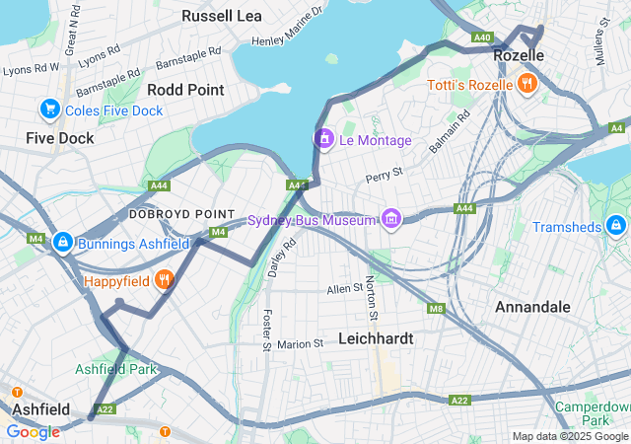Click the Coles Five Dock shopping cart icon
pyautogui.click(x=49, y=109)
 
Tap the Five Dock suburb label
pyautogui.click(x=60, y=138)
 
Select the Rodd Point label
pyautogui.click(x=184, y=89)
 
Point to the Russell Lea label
pyautogui.click(x=221, y=16)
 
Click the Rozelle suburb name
pyautogui.click(x=519, y=57)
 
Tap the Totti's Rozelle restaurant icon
pyautogui.click(x=528, y=84)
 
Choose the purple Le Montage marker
pyautogui.click(x=323, y=140)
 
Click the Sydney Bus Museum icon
pyautogui.click(x=391, y=218)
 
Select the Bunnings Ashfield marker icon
pyautogui.click(x=62, y=242)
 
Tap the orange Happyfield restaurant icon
pyautogui.click(x=166, y=280)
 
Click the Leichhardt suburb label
pyautogui.click(x=375, y=337)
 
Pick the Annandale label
pyautogui.click(x=532, y=307)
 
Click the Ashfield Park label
pyautogui.click(x=116, y=369)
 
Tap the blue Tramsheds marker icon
pyautogui.click(x=616, y=226)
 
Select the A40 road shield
pyautogui.click(x=482, y=37)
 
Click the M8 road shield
pyautogui.click(x=436, y=309)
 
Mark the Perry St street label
pyautogui.click(x=385, y=178)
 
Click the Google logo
pyautogui.click(x=33, y=431)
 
